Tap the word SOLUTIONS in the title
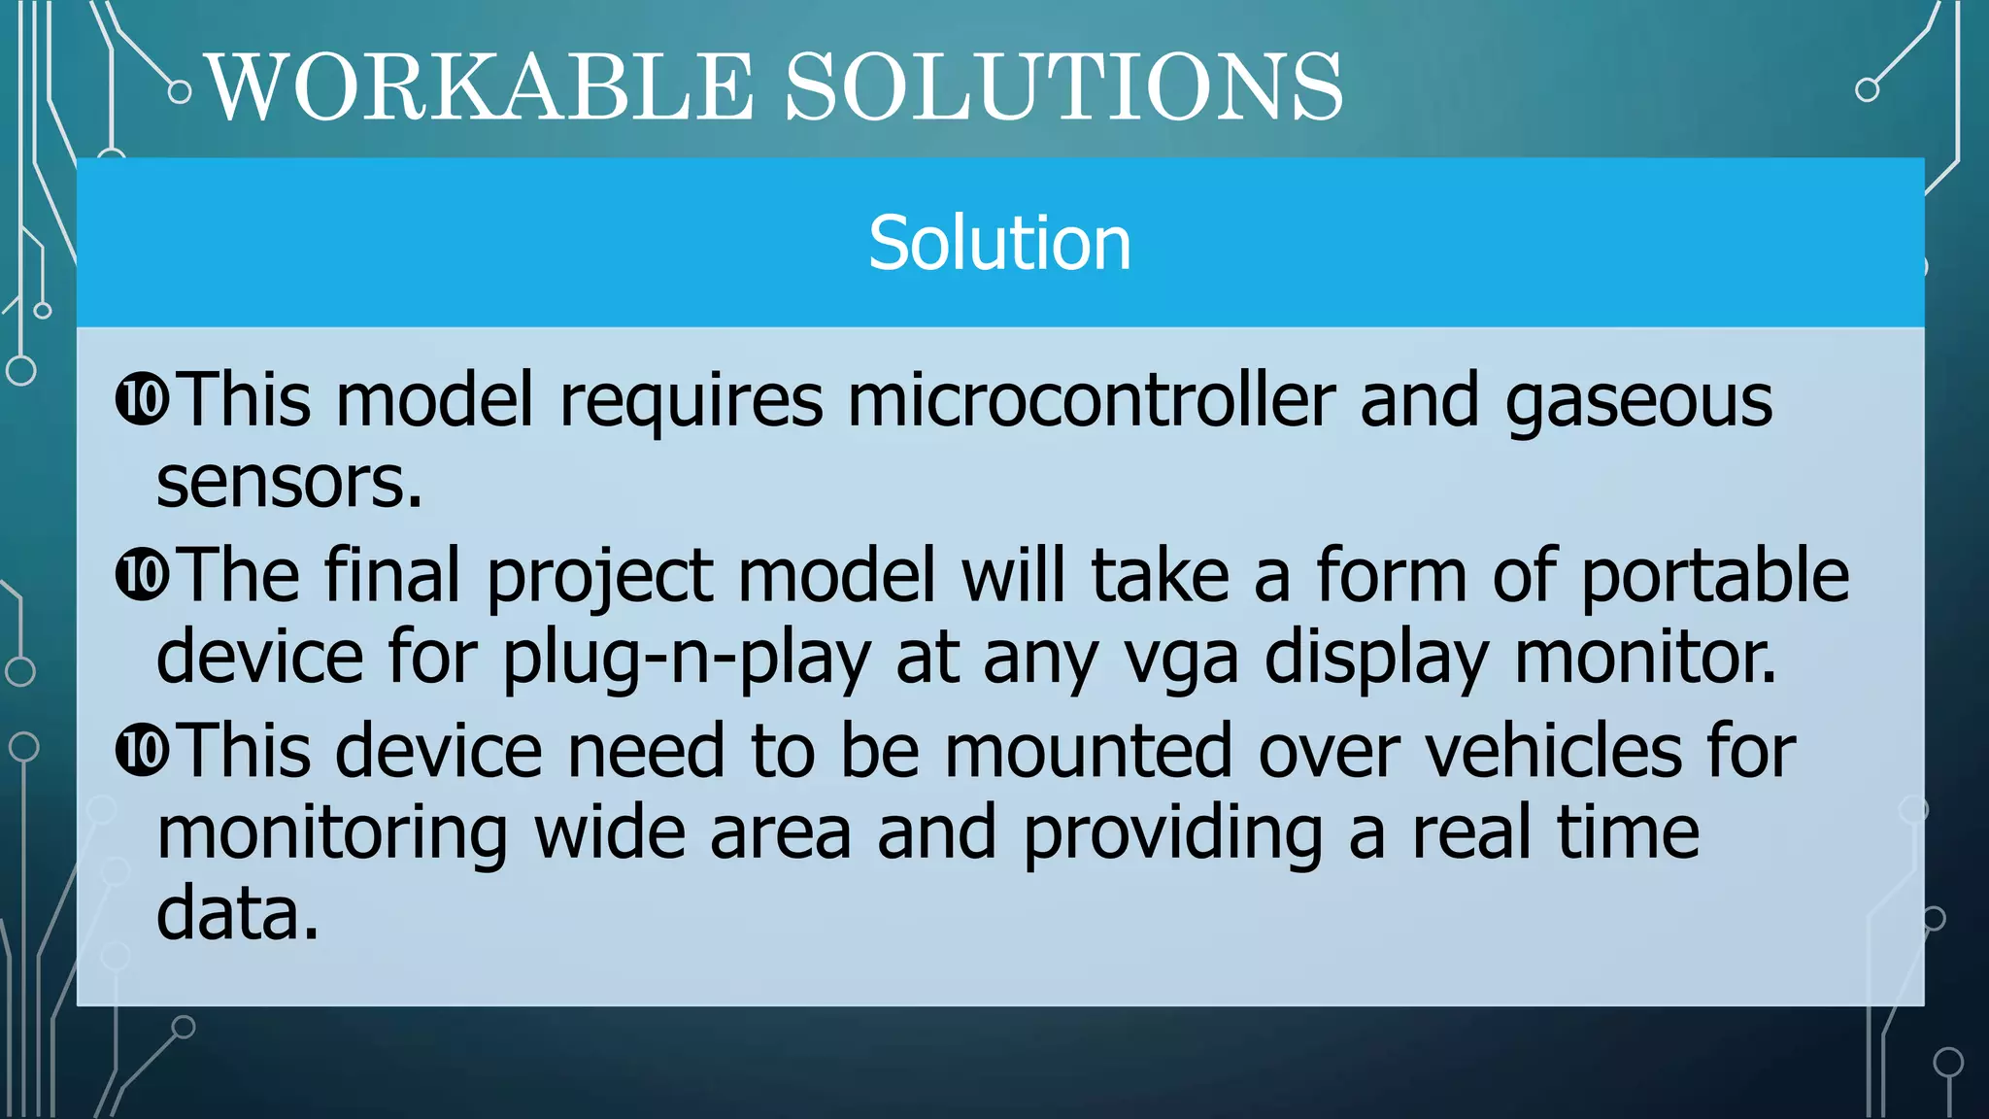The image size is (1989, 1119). pos(1063,87)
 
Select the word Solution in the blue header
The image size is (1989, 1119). pos(999,243)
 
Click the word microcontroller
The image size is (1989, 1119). pos(1091,400)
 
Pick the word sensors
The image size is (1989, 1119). pos(288,483)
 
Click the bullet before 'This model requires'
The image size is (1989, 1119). pos(142,399)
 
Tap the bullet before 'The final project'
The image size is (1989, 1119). pos(142,575)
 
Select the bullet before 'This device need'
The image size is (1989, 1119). pos(142,750)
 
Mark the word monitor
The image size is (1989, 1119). pos(1645,658)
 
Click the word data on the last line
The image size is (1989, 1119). pos(237,914)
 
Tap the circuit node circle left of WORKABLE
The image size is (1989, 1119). pos(180,92)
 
